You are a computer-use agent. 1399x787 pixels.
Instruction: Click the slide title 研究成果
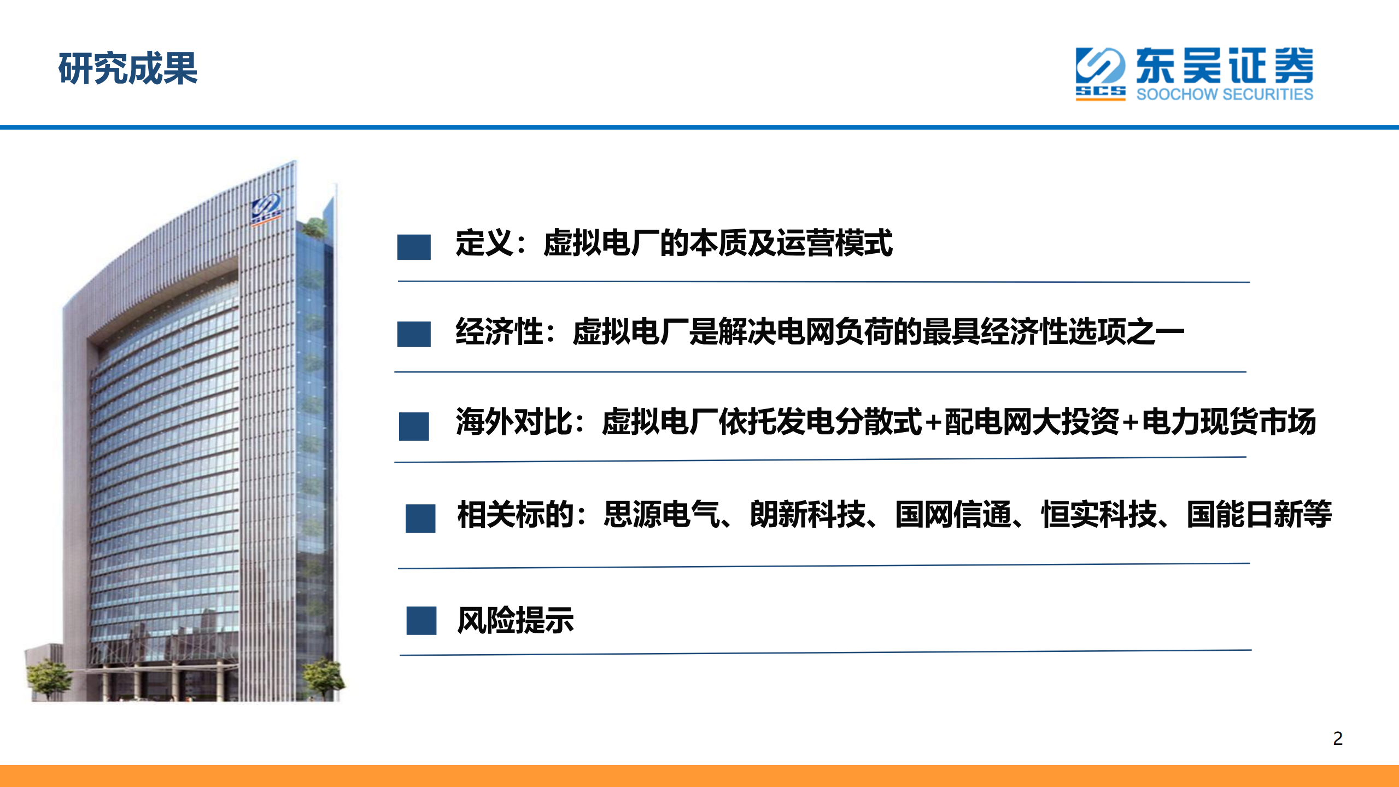(x=127, y=69)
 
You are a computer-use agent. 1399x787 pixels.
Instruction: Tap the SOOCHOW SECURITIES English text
(x=1224, y=94)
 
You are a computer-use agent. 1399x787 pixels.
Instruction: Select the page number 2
(x=1337, y=738)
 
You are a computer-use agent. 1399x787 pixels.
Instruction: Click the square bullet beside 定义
(x=413, y=247)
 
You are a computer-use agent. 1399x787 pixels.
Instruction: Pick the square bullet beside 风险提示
(x=421, y=620)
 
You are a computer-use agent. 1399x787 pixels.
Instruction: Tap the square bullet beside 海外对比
(x=413, y=426)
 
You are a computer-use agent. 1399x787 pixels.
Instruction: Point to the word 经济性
(x=499, y=331)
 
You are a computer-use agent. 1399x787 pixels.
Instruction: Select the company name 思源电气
(x=661, y=514)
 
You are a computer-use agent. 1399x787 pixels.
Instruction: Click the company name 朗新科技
(x=807, y=514)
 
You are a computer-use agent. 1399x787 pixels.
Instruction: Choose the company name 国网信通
(x=953, y=514)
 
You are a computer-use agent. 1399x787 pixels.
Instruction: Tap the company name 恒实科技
(x=1099, y=514)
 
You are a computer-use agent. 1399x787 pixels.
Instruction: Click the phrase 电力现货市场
(x=1228, y=422)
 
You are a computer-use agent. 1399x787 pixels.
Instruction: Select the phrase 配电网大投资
(x=1032, y=422)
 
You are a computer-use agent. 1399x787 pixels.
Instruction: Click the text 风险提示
(x=515, y=620)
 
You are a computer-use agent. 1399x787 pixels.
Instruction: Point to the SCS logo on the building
(x=266, y=209)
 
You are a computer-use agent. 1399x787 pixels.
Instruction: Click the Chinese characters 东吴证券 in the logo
(x=1224, y=66)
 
